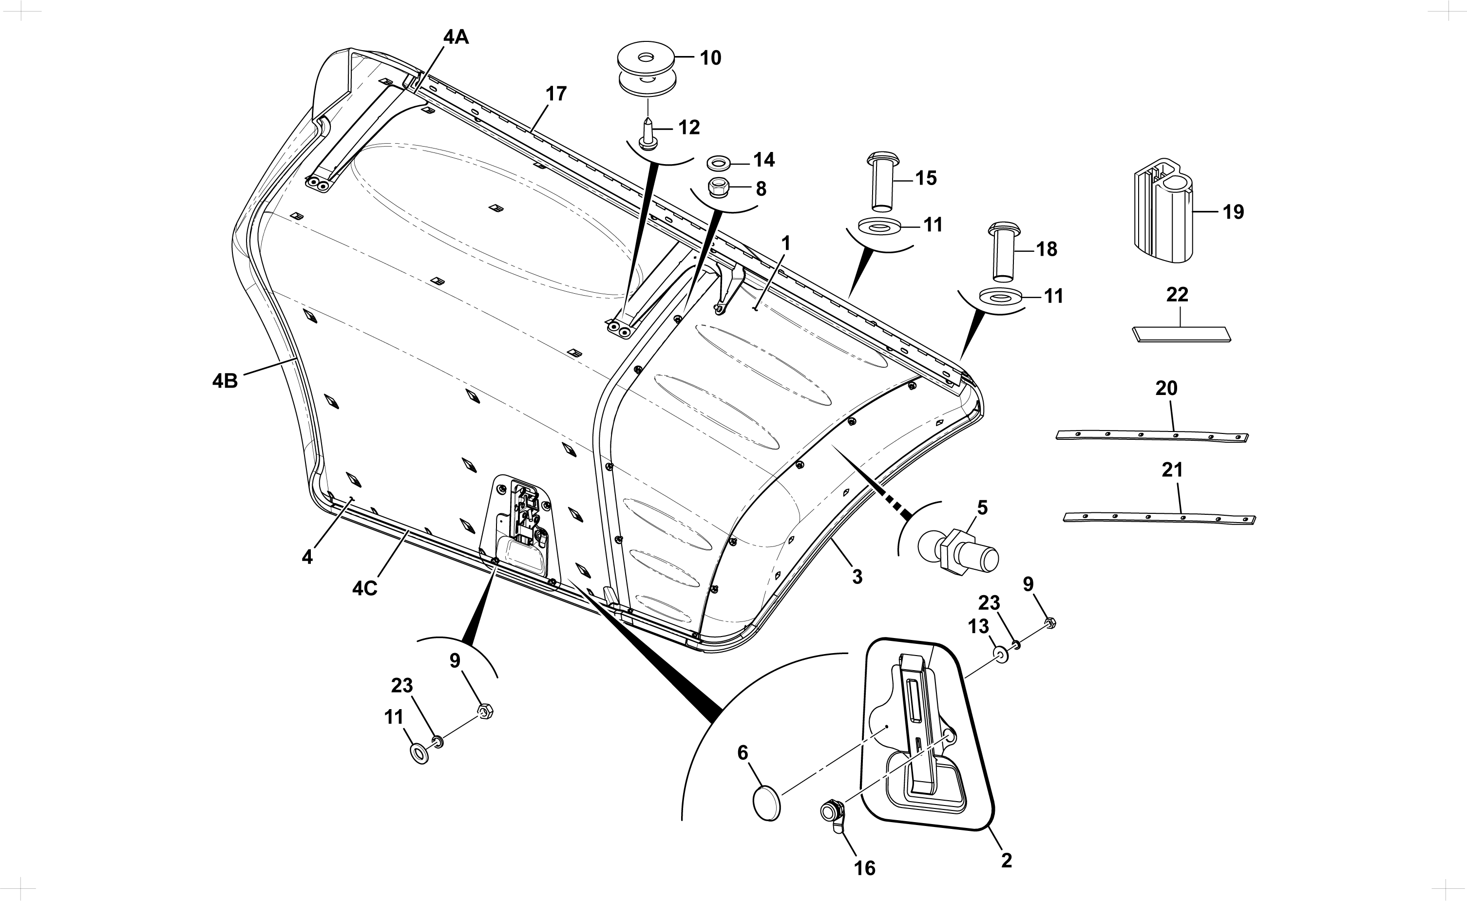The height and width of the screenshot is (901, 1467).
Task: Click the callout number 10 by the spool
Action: tap(710, 58)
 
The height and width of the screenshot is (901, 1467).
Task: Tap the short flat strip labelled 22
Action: tap(1181, 334)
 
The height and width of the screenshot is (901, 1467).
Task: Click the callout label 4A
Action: tap(456, 37)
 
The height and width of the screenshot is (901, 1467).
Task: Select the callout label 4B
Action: tap(225, 381)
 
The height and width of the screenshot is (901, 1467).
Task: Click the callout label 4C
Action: tap(365, 589)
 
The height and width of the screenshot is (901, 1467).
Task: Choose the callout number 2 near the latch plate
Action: tap(1006, 861)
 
